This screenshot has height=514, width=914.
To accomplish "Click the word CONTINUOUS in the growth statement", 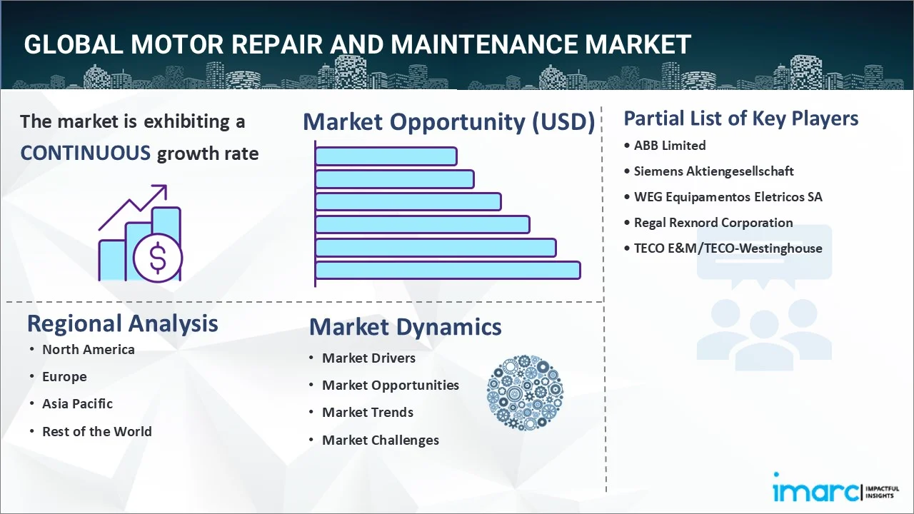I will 85,153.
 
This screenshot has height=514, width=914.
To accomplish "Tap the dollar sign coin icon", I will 158,258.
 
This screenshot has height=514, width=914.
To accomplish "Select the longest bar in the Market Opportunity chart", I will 448,271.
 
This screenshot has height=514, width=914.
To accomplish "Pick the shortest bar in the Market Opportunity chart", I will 386,156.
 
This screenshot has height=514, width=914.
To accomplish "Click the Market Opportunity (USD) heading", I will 448,122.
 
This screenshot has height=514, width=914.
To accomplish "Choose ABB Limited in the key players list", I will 670,146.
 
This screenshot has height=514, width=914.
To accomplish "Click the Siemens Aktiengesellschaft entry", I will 713,171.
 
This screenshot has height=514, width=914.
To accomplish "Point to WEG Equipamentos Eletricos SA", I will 728,197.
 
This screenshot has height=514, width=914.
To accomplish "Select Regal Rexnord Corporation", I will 713,223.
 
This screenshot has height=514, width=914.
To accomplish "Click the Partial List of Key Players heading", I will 740,118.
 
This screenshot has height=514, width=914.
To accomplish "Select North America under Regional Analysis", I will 88,349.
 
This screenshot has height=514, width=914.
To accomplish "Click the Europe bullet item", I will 64,377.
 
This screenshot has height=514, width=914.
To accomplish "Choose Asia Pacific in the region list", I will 77,404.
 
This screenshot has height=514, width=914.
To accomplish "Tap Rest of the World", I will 96,431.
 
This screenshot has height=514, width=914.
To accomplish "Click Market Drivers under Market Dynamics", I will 368,358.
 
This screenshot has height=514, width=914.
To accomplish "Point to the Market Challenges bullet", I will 380,440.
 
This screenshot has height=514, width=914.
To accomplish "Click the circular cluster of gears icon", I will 525,393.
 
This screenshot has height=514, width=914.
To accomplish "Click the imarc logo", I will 813,491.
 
